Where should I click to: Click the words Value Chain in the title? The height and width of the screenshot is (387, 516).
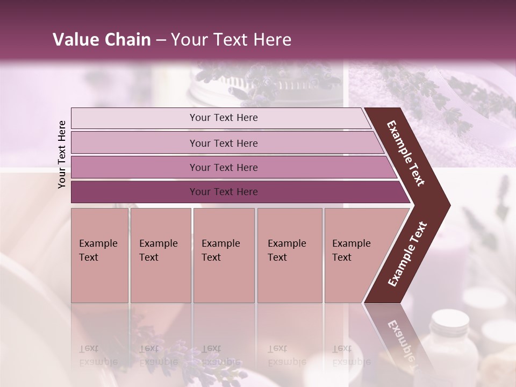(102, 40)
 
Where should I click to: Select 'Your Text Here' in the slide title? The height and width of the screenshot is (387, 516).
(231, 40)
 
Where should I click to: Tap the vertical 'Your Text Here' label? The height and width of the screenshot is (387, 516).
(62, 154)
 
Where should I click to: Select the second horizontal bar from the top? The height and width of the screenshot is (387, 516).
(223, 143)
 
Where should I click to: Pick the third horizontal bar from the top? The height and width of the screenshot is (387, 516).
(223, 167)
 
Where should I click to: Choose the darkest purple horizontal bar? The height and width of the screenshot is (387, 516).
(223, 192)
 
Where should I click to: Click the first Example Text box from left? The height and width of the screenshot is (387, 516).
(99, 255)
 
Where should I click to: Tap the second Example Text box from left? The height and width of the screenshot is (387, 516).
(160, 255)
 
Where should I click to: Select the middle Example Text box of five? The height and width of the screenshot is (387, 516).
(224, 255)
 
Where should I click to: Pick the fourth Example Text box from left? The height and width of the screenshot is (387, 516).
(289, 255)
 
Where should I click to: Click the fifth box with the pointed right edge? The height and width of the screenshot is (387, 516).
(355, 255)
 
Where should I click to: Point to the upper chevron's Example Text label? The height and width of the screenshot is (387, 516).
(406, 153)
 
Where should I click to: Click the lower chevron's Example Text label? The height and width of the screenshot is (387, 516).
(407, 254)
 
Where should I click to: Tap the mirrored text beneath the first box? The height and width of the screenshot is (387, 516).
(98, 355)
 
